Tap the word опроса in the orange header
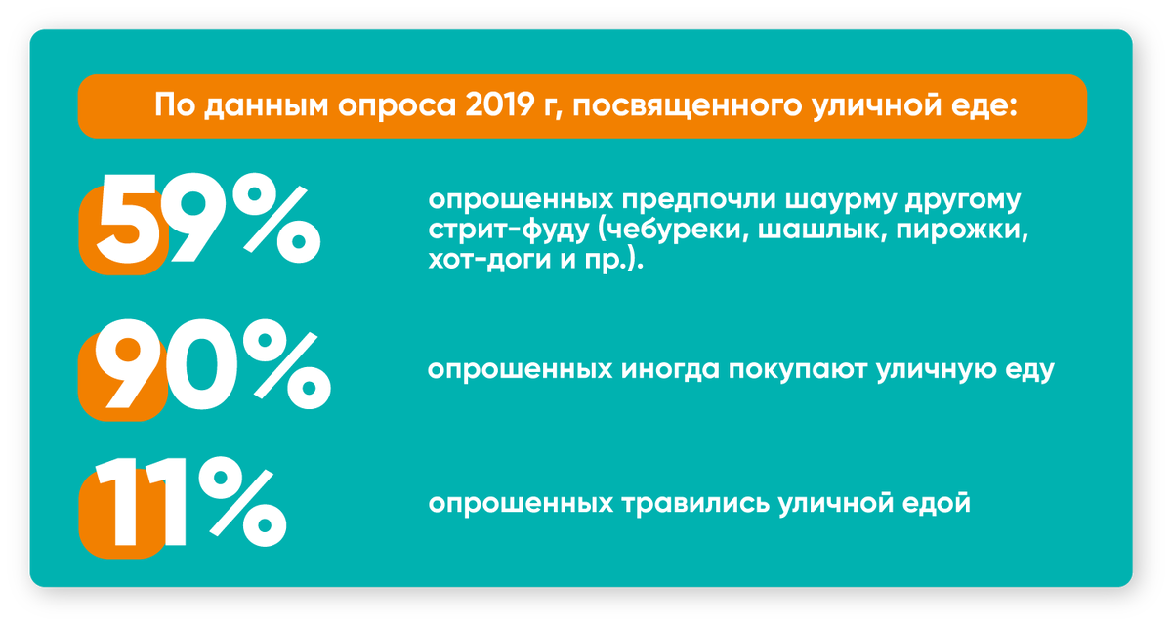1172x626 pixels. pyautogui.click(x=387, y=105)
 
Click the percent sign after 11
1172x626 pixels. pyautogui.click(x=242, y=506)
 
